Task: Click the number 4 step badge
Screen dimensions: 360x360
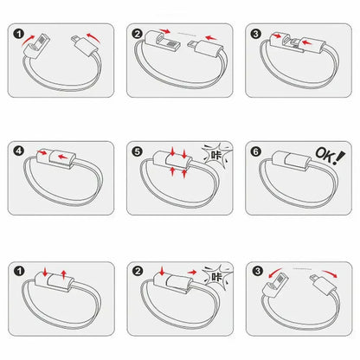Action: click(19, 151)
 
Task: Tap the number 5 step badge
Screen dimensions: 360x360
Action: click(138, 151)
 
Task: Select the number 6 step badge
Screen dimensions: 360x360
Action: click(256, 151)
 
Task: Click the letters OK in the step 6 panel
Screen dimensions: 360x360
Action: click(323, 153)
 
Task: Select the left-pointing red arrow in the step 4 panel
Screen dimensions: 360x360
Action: click(63, 157)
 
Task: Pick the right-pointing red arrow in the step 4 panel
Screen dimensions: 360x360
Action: click(42, 152)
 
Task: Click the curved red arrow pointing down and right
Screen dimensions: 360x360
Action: click(330, 273)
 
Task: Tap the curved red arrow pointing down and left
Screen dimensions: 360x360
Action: click(275, 273)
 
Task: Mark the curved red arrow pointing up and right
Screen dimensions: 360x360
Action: click(29, 41)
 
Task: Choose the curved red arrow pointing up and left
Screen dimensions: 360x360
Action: click(94, 37)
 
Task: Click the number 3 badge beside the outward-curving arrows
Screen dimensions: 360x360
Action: click(257, 271)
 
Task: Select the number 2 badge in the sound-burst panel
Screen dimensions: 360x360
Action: click(138, 271)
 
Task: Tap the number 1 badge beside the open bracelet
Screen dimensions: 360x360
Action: click(19, 34)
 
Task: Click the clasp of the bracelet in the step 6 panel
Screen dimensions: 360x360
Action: click(292, 161)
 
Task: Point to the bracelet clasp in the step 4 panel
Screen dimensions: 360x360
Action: click(56, 159)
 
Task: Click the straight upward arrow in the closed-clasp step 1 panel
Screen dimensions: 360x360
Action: click(64, 274)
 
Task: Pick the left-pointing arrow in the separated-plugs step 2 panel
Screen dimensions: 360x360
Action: click(211, 38)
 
